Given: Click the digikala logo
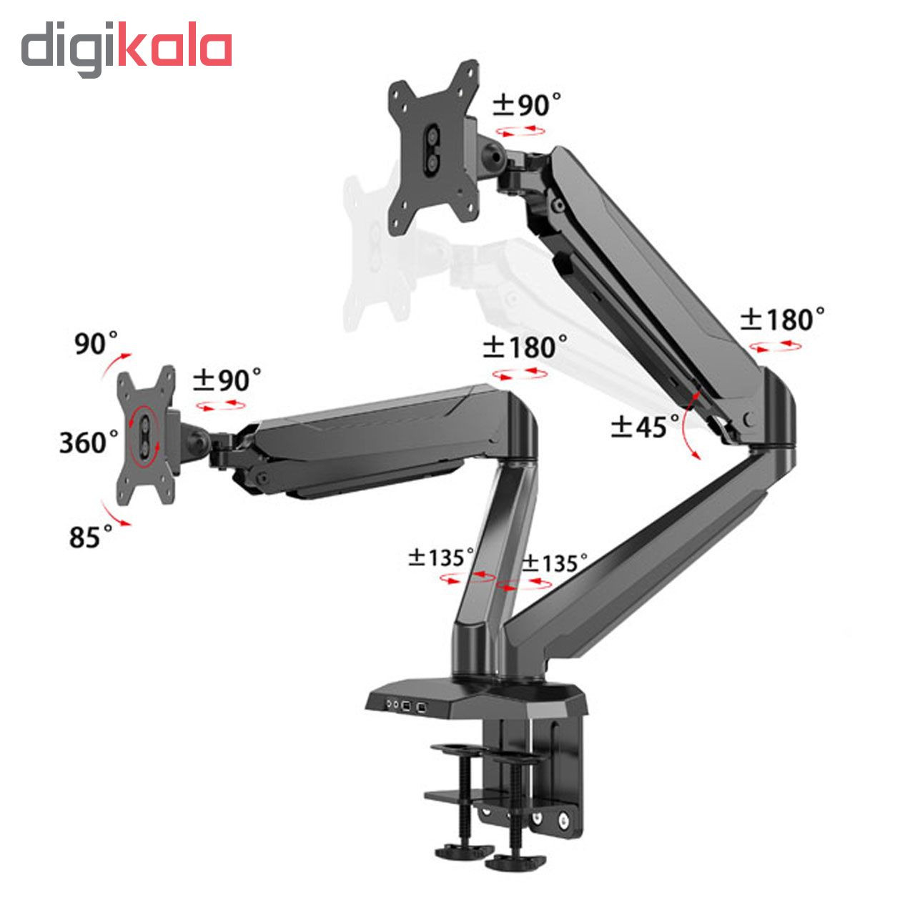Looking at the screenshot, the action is (127, 49).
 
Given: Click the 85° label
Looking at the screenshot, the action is (90, 537).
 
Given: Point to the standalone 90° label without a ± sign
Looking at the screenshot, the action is (96, 343).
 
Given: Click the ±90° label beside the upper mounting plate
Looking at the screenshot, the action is (526, 104).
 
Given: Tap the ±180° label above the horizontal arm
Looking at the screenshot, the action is (525, 347).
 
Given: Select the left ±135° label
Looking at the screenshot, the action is (441, 558).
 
